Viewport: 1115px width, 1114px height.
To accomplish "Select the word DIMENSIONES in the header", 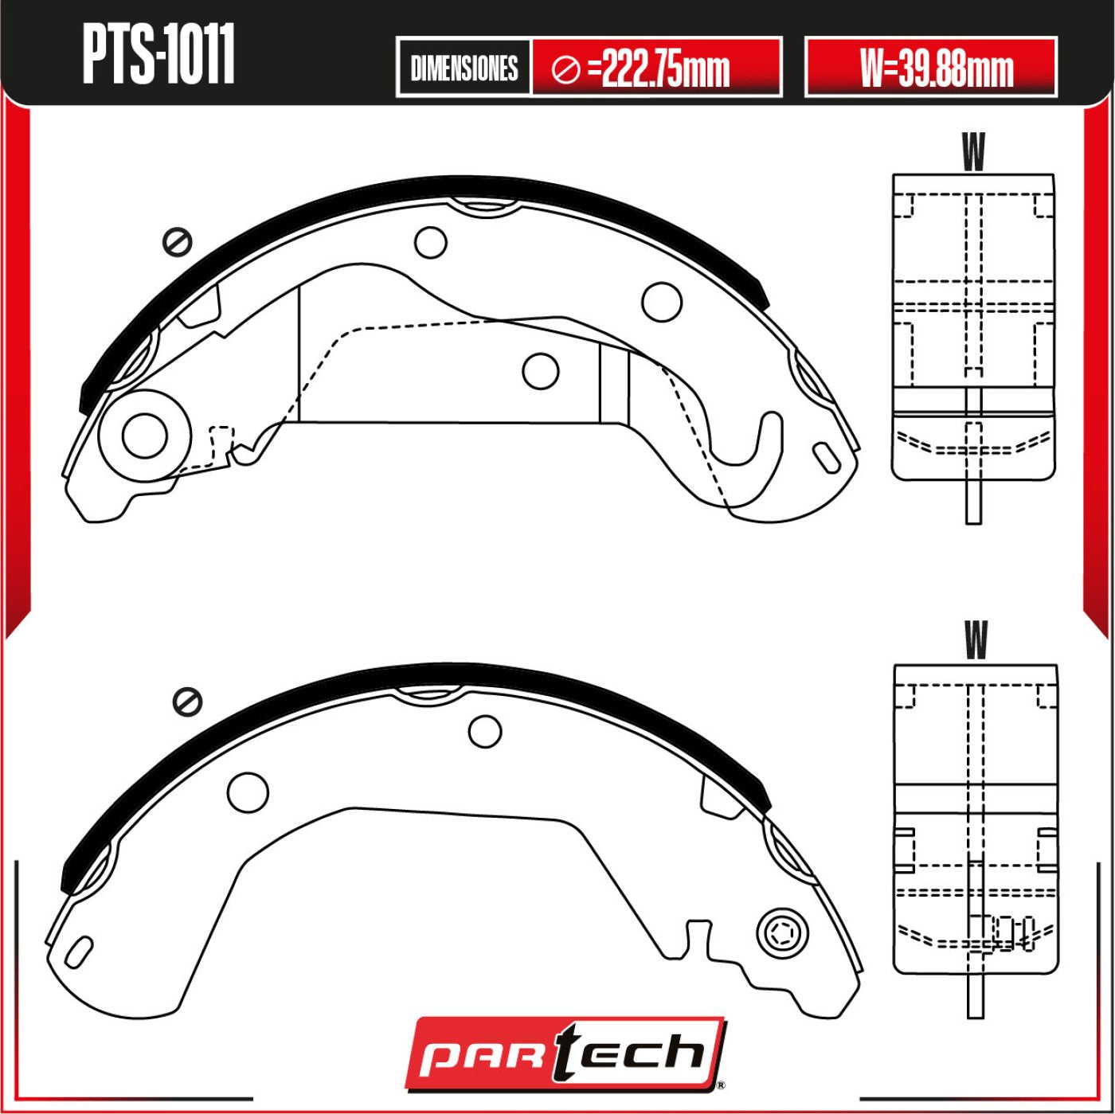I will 464,68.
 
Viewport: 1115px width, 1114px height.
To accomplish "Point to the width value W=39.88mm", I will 936,69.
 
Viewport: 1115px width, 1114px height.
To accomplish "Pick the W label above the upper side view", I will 973,151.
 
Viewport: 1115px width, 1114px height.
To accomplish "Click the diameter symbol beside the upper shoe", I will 177,241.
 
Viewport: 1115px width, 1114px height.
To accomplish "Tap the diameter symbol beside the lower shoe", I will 188,701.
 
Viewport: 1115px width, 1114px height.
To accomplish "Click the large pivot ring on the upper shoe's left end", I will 145,436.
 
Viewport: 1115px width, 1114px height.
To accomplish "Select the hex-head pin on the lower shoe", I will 781,932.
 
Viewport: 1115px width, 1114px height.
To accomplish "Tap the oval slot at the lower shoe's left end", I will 79,952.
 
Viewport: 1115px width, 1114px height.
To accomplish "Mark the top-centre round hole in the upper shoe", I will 431,242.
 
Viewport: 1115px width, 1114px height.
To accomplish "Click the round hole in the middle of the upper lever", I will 541,370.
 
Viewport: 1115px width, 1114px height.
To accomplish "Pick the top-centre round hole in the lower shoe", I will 485,731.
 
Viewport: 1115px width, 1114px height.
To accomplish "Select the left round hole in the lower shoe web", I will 248,792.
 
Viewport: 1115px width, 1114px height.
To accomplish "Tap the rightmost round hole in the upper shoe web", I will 662,302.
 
